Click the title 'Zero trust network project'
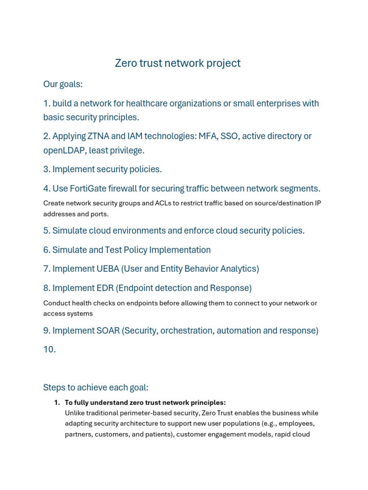coord(177,63)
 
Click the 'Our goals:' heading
coord(63,84)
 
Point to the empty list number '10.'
coord(49,350)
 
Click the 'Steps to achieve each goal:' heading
coord(96,387)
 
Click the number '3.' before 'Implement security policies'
coord(47,169)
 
